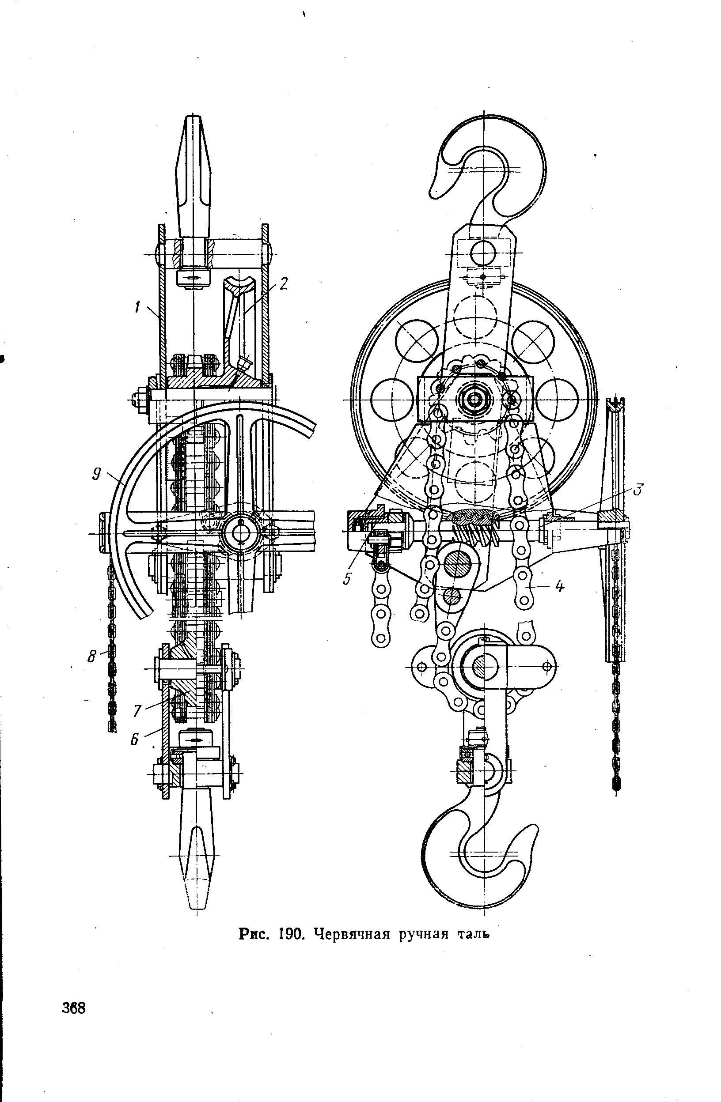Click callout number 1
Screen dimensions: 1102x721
(x=137, y=307)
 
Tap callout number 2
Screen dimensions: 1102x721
(x=284, y=283)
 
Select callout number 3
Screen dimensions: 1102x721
(x=638, y=490)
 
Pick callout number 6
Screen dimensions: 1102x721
(x=134, y=740)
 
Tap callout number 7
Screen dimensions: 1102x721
(x=137, y=711)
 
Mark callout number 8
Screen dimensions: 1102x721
(x=92, y=656)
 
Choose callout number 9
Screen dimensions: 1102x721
(x=96, y=475)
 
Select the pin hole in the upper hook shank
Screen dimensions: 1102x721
(x=483, y=253)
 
